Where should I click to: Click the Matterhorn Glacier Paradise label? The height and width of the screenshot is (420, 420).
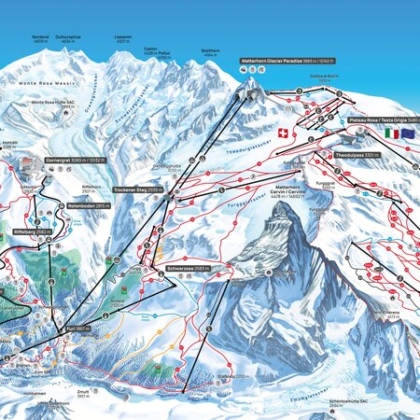287,60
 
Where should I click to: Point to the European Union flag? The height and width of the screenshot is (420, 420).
407,133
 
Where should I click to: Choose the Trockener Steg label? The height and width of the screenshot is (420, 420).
138,189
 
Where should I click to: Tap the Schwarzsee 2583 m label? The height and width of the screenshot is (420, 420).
189,269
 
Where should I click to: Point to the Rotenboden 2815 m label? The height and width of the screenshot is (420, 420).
89,205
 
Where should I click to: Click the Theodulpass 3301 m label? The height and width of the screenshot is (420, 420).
357,155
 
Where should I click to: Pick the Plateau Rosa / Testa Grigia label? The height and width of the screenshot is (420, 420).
383,120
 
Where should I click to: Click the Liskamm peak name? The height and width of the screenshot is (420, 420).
122,38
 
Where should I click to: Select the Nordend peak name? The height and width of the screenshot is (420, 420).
39,38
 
